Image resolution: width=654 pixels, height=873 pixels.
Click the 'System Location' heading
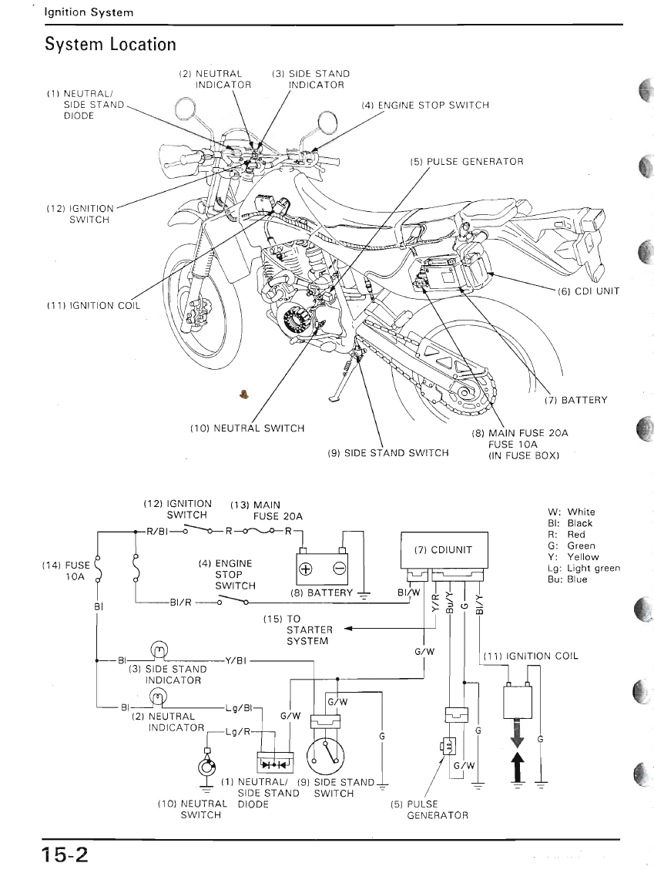click(x=110, y=45)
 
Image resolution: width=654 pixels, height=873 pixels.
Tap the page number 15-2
click(x=65, y=855)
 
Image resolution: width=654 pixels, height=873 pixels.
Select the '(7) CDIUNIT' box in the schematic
click(x=443, y=549)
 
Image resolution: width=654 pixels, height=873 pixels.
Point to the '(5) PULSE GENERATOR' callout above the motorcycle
click(x=466, y=162)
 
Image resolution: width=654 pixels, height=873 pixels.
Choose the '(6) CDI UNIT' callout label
click(x=588, y=291)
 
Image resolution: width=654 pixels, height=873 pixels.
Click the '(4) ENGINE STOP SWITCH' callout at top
click(x=424, y=105)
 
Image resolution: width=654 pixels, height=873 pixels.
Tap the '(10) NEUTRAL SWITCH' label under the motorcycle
click(x=247, y=428)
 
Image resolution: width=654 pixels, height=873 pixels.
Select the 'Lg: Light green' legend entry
click(x=583, y=568)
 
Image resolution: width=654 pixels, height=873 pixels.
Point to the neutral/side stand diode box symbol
click(x=273, y=764)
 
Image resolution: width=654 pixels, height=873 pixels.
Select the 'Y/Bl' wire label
click(x=236, y=660)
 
